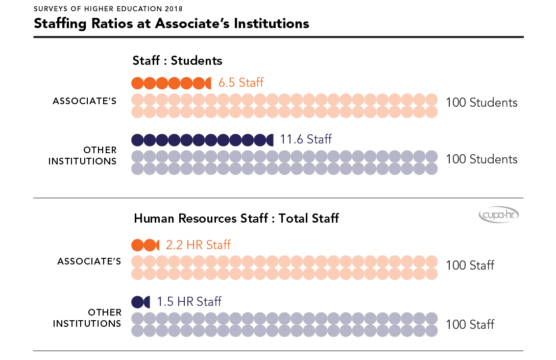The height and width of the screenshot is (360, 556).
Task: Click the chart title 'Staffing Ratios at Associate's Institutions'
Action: (x=171, y=23)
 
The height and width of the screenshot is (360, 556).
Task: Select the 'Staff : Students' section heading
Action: (x=177, y=61)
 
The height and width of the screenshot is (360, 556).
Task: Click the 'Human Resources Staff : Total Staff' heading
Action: (x=236, y=219)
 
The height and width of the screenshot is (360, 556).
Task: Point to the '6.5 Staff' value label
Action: (x=241, y=83)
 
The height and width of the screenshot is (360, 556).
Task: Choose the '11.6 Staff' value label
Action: (x=306, y=139)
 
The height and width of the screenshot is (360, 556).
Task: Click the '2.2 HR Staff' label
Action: (x=198, y=245)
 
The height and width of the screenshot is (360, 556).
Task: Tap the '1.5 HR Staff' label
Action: (x=189, y=302)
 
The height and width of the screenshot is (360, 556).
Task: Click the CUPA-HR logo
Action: (x=499, y=216)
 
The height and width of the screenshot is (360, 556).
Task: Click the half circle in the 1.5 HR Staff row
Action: (x=147, y=302)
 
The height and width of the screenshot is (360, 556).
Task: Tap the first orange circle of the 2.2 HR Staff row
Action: (x=137, y=245)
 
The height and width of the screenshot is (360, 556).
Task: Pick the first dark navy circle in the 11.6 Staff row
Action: (x=137, y=140)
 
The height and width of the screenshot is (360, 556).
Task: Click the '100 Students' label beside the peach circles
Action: (x=481, y=103)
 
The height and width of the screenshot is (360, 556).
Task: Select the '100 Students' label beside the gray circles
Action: (x=481, y=159)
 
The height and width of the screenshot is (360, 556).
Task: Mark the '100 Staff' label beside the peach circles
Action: (x=470, y=266)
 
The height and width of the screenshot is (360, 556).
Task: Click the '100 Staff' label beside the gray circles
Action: (x=470, y=324)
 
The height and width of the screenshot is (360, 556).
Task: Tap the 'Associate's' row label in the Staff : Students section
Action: (x=85, y=101)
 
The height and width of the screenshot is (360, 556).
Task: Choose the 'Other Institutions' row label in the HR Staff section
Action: (x=87, y=318)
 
